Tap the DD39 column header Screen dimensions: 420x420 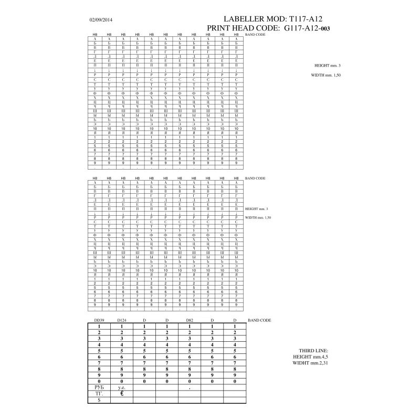point(99,320)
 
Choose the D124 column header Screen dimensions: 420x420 point(122,320)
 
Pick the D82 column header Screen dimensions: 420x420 point(191,320)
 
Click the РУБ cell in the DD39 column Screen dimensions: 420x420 point(99,387)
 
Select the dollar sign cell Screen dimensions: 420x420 point(99,400)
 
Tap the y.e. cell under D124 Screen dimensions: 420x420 point(122,387)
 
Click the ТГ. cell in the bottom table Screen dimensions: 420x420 point(99,393)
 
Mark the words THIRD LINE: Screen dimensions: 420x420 point(313,351)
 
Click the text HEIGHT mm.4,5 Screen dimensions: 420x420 point(313,357)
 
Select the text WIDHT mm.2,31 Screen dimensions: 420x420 point(313,363)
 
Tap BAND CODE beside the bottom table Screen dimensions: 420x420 point(259,320)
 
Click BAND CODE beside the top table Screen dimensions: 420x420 point(256,34)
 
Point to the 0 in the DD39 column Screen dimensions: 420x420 point(99,380)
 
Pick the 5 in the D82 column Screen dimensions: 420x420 point(191,350)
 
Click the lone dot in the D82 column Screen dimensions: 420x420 point(191,387)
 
